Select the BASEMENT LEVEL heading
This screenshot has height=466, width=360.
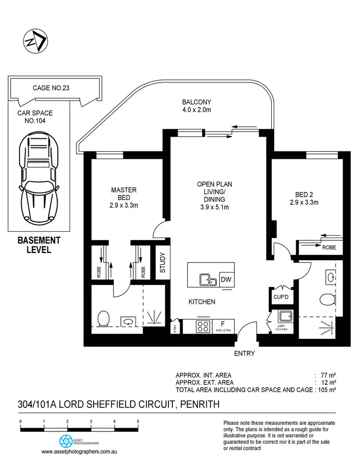[38, 244]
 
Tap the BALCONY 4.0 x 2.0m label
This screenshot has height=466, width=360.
[196, 106]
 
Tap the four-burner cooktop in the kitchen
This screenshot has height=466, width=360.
[203, 326]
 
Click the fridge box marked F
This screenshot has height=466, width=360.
[223, 326]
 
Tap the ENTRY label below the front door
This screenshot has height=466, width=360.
[244, 354]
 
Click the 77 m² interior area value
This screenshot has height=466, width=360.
[327, 374]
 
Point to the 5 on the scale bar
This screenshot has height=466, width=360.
[138, 421]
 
